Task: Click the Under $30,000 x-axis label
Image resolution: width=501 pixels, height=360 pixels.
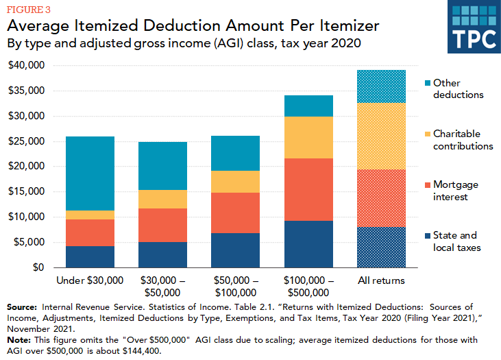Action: [90, 280]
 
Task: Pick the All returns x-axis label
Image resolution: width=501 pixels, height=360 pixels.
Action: [381, 280]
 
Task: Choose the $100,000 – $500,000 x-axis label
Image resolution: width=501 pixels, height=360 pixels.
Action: [308, 286]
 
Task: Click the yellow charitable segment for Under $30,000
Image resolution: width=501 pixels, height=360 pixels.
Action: [90, 215]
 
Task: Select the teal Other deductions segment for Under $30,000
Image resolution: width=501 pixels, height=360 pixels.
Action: [90, 173]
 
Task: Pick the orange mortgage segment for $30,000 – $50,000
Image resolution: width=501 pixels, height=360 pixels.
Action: [162, 225]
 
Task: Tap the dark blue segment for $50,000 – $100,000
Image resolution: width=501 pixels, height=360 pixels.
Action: [235, 250]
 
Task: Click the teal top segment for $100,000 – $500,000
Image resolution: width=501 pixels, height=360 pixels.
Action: [308, 106]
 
